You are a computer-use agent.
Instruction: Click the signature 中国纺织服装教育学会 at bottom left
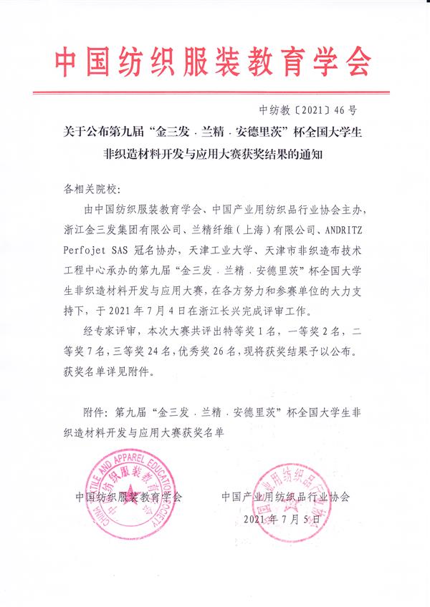pyautogui.click(x=129, y=496)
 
